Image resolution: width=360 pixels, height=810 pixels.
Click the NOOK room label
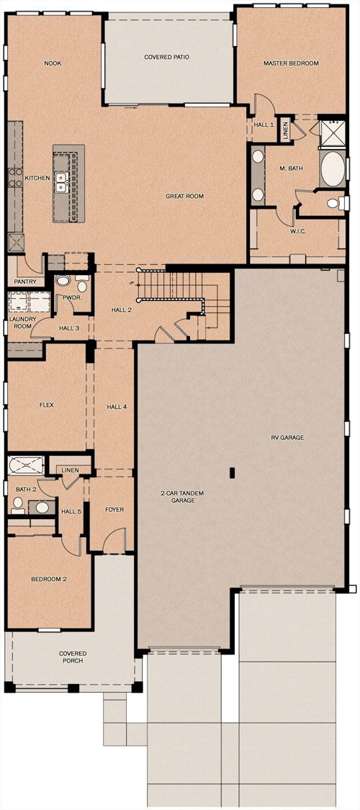pos(53,63)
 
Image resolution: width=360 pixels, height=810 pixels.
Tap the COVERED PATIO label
pos(166,57)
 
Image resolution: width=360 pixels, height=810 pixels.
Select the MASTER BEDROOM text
pos(291,63)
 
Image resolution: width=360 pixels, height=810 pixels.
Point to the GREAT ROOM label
pos(184,197)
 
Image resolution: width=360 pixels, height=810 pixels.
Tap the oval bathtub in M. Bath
pos(332,168)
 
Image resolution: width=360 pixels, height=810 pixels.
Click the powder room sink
pos(63,281)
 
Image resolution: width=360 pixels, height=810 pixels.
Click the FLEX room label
pos(47,405)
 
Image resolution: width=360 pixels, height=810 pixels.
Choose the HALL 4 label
pos(117,407)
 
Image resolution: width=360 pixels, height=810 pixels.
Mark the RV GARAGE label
pos(288,438)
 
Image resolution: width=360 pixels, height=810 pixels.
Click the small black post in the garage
pos(232,472)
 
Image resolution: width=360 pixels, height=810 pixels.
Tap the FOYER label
pos(114,509)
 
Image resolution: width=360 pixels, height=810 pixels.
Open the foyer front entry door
pos(114,540)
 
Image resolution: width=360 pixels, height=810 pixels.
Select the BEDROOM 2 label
pos(49,579)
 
